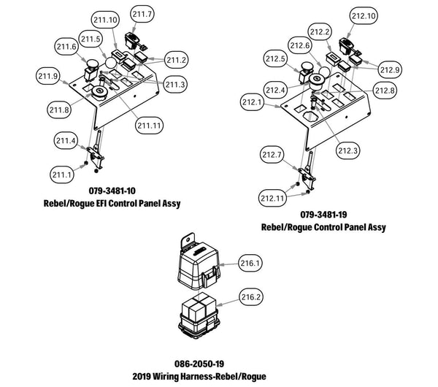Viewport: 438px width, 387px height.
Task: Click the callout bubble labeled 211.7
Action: (x=142, y=14)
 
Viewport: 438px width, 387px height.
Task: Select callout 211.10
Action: (x=105, y=20)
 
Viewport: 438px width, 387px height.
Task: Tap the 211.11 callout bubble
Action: (x=149, y=126)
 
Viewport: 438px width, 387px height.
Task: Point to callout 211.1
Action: (x=62, y=175)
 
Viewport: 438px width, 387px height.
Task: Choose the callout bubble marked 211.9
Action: (x=48, y=76)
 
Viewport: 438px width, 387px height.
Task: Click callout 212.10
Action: (x=364, y=15)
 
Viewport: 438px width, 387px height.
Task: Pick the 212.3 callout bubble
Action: (x=347, y=151)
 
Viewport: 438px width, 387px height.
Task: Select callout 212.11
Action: (x=272, y=199)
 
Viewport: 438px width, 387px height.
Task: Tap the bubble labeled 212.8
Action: (x=385, y=91)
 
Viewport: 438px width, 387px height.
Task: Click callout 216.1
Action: (x=250, y=263)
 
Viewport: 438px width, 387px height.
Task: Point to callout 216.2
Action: (x=251, y=297)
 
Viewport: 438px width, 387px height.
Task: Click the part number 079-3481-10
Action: (x=112, y=191)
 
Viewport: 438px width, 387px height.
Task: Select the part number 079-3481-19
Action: (x=323, y=215)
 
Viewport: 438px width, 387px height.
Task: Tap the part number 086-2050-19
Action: (x=199, y=364)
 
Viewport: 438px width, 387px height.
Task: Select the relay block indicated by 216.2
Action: (x=198, y=315)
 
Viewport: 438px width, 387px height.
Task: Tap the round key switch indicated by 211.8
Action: (x=99, y=93)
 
